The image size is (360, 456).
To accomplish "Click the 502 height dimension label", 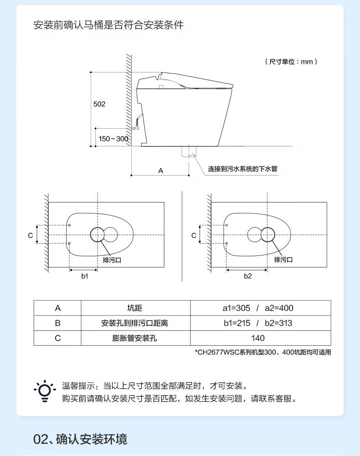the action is (99, 104).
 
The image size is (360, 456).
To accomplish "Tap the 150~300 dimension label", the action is (113, 139).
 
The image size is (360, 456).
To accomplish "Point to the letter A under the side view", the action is (161, 171).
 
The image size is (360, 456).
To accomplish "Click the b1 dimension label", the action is (85, 276).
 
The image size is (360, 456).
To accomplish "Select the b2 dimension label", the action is (248, 276).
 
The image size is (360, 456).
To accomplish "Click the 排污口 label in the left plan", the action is (112, 260).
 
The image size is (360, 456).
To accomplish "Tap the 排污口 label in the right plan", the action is (283, 259).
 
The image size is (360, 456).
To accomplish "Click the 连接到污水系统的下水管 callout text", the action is (242, 169).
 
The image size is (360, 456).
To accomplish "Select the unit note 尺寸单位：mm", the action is (291, 62).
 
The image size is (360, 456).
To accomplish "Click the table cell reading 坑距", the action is (135, 308).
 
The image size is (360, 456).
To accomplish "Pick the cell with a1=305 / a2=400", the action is (258, 308).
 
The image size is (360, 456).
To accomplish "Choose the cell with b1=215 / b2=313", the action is (258, 323).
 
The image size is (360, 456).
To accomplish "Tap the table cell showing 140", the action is (258, 338).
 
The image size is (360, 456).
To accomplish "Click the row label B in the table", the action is (58, 323).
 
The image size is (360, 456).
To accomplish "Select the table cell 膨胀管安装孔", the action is (135, 338).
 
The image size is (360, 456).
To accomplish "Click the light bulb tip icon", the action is (45, 391).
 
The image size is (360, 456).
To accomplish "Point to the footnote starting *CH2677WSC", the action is (263, 352).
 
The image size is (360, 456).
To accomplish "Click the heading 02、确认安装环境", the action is (80, 439).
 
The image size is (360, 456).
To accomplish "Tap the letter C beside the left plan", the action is (31, 235).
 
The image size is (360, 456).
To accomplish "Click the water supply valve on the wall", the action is (135, 127).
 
